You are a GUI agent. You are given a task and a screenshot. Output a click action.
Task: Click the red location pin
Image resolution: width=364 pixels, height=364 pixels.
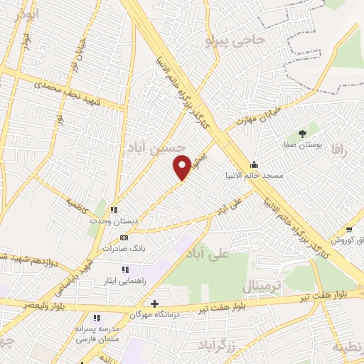183,167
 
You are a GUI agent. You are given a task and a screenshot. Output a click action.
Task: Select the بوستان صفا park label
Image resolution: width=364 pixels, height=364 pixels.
304,143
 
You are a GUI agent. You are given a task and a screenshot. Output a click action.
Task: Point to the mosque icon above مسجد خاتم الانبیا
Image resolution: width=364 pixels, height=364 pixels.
254,165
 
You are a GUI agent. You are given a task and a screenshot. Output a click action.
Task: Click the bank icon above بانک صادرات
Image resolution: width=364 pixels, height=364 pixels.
124,237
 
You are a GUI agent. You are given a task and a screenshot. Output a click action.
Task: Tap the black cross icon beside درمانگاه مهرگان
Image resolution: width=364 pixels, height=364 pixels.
155,304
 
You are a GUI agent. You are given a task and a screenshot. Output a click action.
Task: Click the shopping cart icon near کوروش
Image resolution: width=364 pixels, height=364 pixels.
349,229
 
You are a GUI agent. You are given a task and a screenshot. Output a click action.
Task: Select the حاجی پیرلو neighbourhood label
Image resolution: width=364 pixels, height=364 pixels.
235,40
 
